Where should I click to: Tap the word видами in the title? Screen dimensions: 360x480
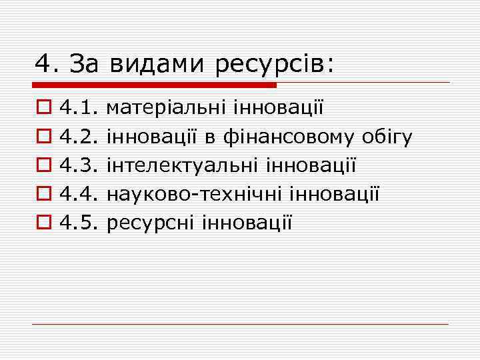[x=159, y=65]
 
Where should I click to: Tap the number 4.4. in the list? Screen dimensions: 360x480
[x=79, y=194]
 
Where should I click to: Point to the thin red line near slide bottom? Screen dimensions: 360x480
[x=240, y=324]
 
